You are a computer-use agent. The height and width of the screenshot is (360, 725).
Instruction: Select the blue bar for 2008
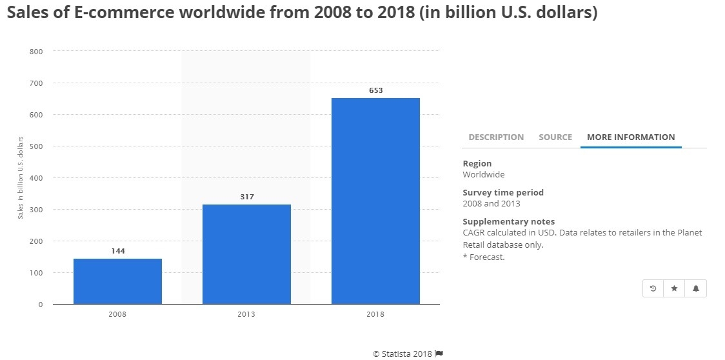point(117,281)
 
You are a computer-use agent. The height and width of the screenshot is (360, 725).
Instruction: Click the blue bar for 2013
point(246,254)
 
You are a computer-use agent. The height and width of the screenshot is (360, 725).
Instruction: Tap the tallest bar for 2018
point(375,201)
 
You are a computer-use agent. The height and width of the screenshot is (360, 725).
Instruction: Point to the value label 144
point(117,251)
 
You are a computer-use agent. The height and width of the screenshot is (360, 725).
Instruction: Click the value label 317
point(246,197)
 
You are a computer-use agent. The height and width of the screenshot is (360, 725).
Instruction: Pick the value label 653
point(375,90)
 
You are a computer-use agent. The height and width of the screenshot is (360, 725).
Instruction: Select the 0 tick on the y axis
point(40,305)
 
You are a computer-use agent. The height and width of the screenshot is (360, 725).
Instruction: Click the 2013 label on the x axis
point(246,314)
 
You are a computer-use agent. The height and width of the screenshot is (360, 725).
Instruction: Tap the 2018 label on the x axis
point(375,314)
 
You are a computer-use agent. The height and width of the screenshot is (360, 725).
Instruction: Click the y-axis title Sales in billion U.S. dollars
point(21,177)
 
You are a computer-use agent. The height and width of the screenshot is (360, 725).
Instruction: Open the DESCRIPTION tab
point(496,137)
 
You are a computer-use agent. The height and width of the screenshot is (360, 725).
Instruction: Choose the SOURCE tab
point(555,137)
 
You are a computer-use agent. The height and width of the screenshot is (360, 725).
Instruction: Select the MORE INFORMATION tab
point(631,137)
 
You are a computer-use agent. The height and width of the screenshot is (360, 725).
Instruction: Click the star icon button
point(674,288)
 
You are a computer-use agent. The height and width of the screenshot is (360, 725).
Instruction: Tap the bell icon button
point(696,288)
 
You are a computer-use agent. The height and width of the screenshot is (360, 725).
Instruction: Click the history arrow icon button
point(653,288)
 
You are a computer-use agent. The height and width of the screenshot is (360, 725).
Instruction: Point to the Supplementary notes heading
point(508,221)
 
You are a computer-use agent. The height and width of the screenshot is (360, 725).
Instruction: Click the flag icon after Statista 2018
point(439,353)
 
